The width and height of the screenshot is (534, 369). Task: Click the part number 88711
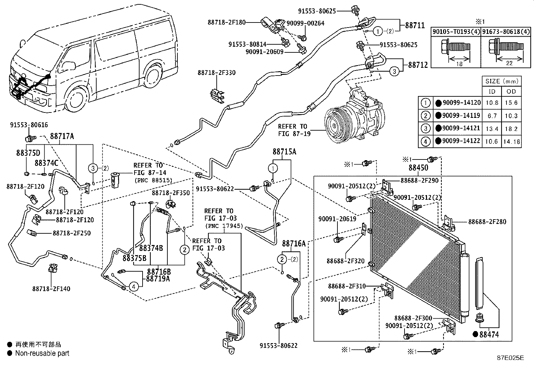[x=415, y=25]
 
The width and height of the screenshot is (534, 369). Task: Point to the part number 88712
[x=418, y=64]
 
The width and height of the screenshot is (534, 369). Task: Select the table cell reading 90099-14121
[x=461, y=128]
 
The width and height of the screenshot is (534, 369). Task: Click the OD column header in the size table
[x=511, y=91]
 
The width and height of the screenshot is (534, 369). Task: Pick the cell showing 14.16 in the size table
[x=511, y=142]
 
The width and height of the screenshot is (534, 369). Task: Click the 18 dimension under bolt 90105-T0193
[x=460, y=63]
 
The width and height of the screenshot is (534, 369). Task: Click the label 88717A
[x=62, y=136]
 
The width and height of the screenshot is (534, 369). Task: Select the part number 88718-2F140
[x=51, y=288]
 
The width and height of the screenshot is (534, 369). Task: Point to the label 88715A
[x=284, y=152]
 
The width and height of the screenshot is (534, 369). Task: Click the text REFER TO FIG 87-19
[x=292, y=130]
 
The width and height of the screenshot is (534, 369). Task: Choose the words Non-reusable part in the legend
[x=42, y=353]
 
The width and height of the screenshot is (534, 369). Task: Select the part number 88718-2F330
[x=216, y=73]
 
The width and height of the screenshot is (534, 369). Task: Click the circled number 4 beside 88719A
[x=133, y=286]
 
